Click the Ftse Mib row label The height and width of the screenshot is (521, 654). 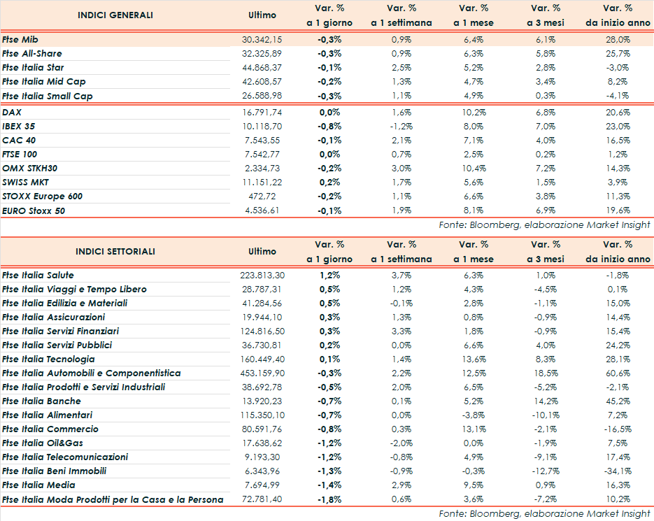(x=20, y=40)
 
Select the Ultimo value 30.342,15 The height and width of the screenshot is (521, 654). (x=262, y=40)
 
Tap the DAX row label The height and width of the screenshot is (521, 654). (x=12, y=112)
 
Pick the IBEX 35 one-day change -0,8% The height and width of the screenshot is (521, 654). (x=329, y=127)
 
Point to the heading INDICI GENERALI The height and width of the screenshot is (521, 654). (x=115, y=15)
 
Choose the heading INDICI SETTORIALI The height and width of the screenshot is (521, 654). (x=115, y=251)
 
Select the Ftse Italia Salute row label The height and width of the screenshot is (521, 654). (x=38, y=276)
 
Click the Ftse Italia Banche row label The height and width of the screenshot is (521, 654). (x=41, y=401)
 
